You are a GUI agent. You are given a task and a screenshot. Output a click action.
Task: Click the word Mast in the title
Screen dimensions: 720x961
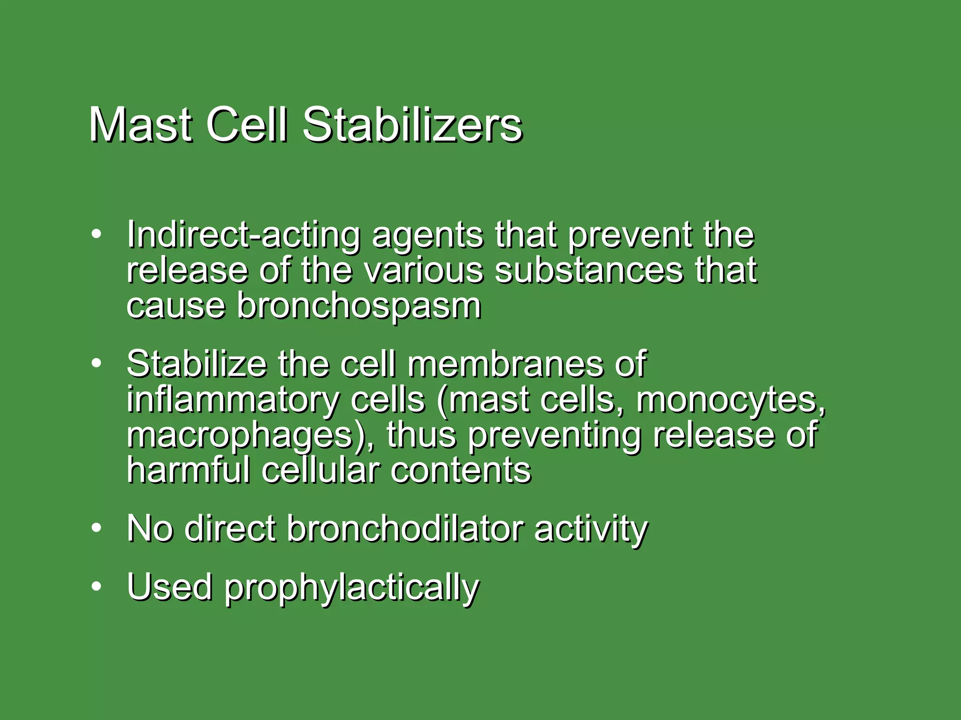[x=140, y=124]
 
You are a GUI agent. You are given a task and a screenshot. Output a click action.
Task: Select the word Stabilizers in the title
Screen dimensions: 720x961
[x=412, y=124]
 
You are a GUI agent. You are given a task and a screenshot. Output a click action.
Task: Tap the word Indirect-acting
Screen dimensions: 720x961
[x=243, y=234]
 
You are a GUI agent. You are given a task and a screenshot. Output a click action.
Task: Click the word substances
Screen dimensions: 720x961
[x=588, y=270]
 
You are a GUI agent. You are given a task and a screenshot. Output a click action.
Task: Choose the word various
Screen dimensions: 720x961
[x=423, y=270]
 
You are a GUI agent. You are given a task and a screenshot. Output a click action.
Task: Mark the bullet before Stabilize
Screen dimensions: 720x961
[x=96, y=363]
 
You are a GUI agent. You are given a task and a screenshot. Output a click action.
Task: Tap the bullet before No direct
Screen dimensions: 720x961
[x=96, y=528]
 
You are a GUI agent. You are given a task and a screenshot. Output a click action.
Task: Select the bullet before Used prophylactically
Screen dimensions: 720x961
[x=96, y=586]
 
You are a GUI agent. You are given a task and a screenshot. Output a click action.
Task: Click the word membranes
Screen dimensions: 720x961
[x=505, y=364]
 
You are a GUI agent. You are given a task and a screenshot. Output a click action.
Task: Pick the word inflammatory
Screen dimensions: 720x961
[x=232, y=400]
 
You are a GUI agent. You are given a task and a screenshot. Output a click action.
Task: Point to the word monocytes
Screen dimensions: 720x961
[x=730, y=400]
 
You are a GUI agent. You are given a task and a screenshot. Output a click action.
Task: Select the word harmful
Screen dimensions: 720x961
[x=188, y=470]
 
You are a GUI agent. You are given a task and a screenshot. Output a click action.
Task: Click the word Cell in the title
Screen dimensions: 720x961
[x=246, y=124]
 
